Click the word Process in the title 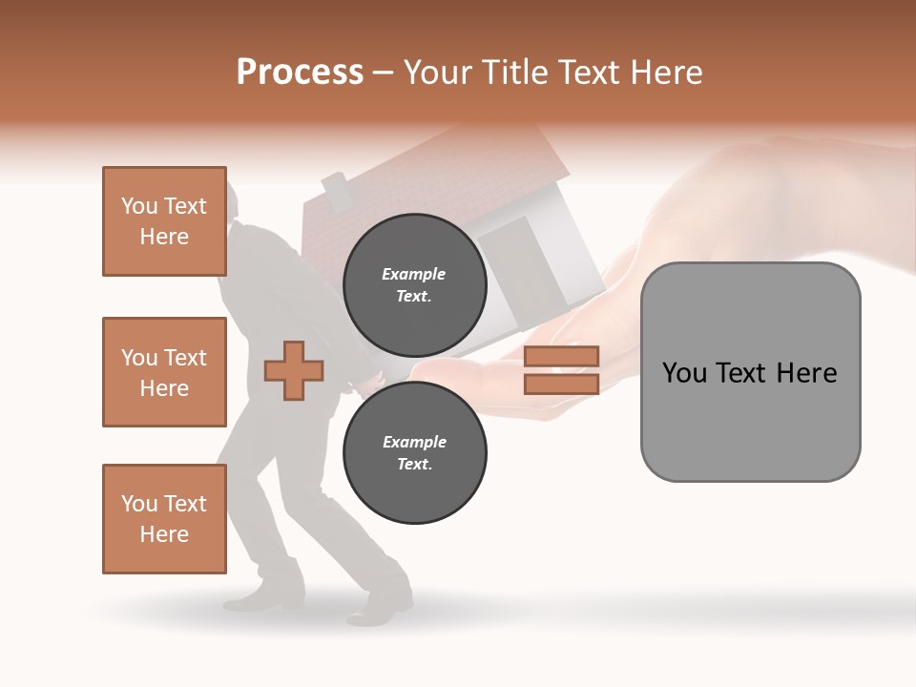300,73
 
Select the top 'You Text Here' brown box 164,221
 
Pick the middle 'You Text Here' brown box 164,372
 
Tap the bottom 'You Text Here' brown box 164,518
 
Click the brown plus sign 294,369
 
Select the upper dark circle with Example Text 414,284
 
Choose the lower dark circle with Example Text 414,452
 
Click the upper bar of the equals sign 561,357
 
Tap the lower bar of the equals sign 561,384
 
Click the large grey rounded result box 750,371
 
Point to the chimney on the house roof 337,190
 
